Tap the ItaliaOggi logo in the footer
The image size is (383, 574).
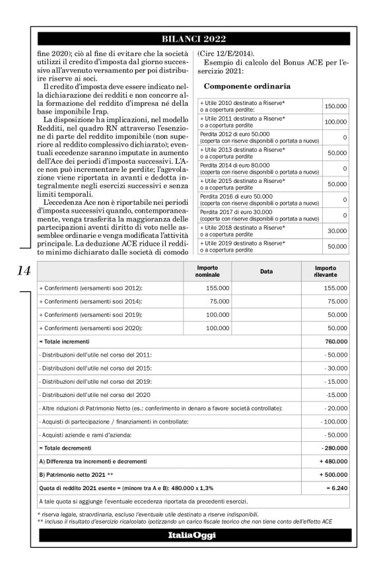[x=191, y=535]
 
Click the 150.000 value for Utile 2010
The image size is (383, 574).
[x=335, y=106]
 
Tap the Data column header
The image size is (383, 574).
[x=266, y=271]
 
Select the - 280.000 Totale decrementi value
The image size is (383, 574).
[x=334, y=448]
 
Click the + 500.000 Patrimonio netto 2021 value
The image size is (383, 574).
[x=333, y=475]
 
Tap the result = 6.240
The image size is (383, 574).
[x=336, y=488]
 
